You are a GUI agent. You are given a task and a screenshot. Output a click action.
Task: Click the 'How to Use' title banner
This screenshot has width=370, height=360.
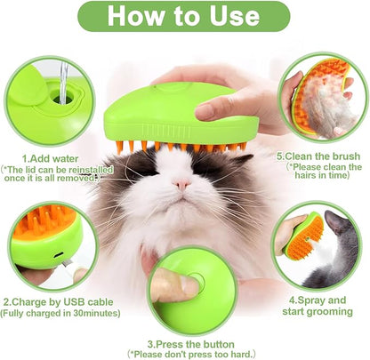point(184,17)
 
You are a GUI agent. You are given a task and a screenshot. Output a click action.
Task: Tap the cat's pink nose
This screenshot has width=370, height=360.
point(181,185)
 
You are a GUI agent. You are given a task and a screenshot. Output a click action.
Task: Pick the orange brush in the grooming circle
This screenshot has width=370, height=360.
point(305,238)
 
